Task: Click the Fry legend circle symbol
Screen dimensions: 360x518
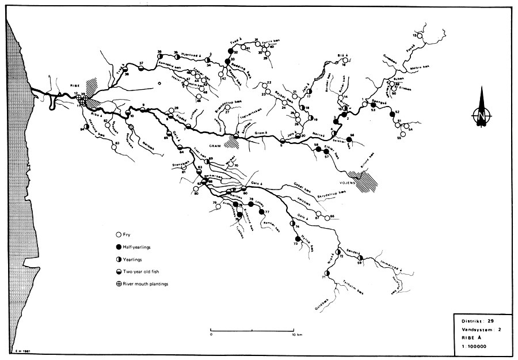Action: (x=119, y=235)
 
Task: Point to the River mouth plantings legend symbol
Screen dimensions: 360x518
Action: (x=119, y=283)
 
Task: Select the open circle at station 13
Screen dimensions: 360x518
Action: (x=420, y=36)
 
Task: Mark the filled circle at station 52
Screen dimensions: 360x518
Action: (x=391, y=112)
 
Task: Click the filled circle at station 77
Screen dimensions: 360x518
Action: (x=262, y=211)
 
